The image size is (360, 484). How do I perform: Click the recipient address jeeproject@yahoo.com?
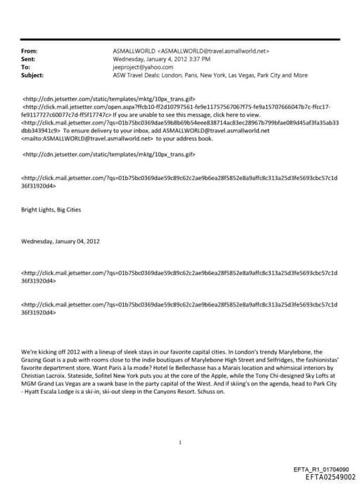[140, 67]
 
